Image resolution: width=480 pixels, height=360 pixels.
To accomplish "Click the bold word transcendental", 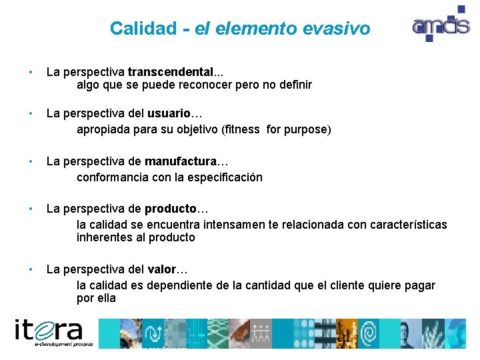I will (x=171, y=71).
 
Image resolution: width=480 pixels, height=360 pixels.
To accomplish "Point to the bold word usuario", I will (x=171, y=113).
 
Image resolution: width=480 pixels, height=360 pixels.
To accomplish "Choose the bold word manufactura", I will (x=181, y=161).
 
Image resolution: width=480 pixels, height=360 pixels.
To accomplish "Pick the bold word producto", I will (x=171, y=209).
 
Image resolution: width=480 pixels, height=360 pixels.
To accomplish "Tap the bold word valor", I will (x=161, y=269).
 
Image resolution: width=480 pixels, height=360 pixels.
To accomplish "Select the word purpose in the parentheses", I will (x=307, y=129).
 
